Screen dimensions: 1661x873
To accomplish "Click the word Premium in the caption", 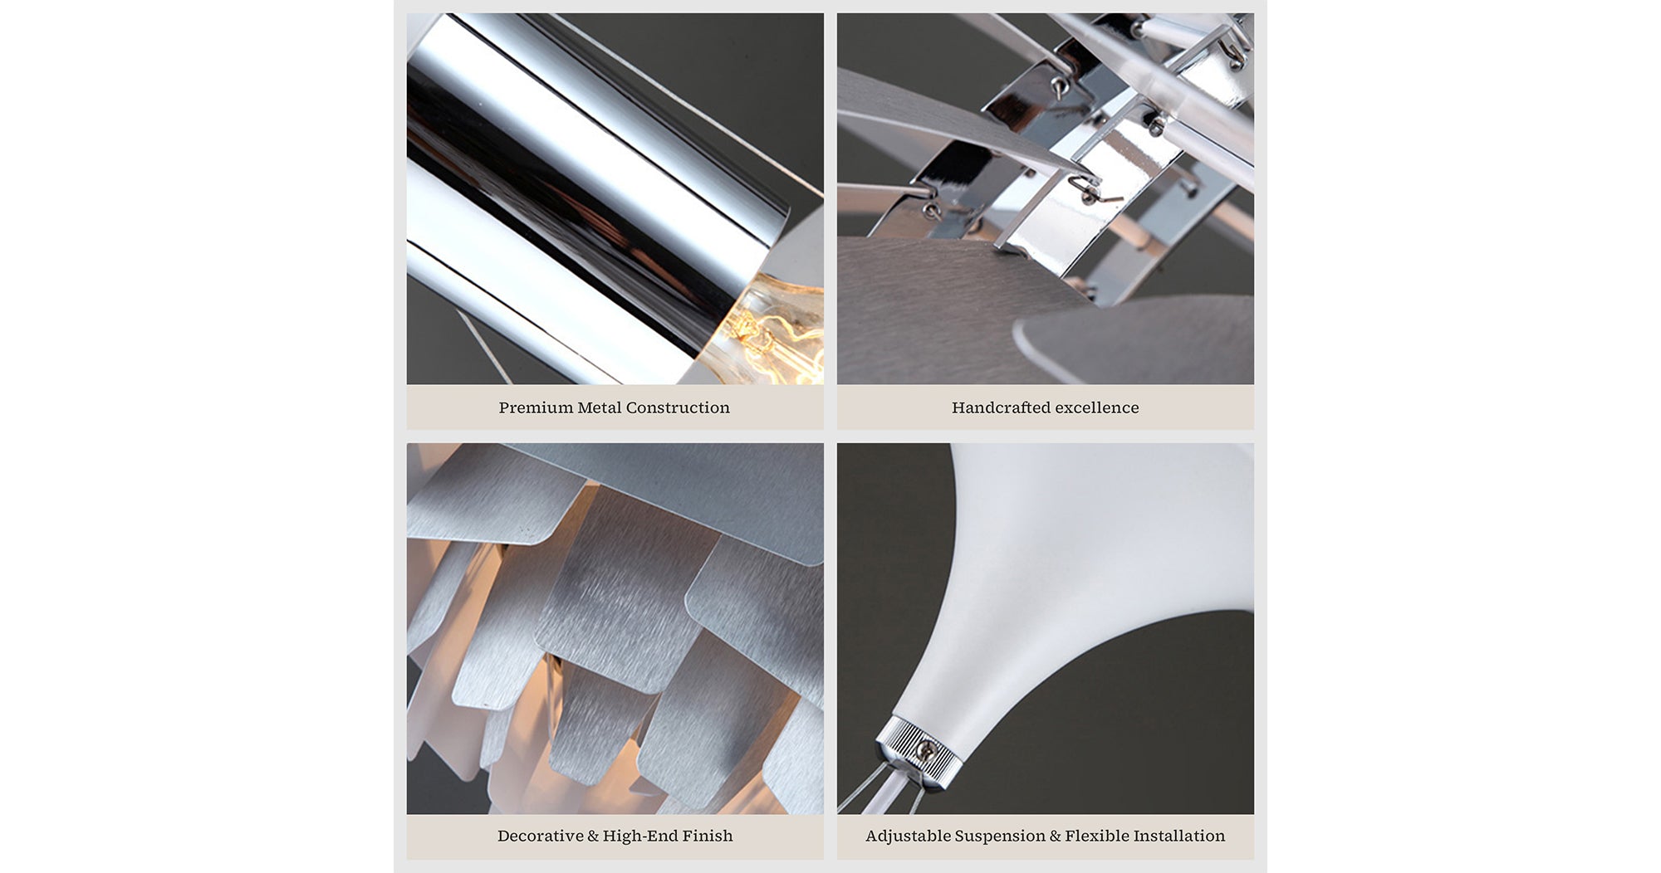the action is click(x=535, y=407).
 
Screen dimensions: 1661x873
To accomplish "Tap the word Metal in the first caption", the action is click(x=599, y=407).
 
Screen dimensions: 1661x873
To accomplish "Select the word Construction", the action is click(x=678, y=407).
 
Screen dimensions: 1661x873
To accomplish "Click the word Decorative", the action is click(x=540, y=836).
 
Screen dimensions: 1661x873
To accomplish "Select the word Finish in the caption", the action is click(x=708, y=836).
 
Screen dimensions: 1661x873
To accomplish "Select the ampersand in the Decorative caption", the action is click(x=593, y=836).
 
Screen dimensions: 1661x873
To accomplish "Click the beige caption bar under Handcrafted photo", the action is click(x=1046, y=407).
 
